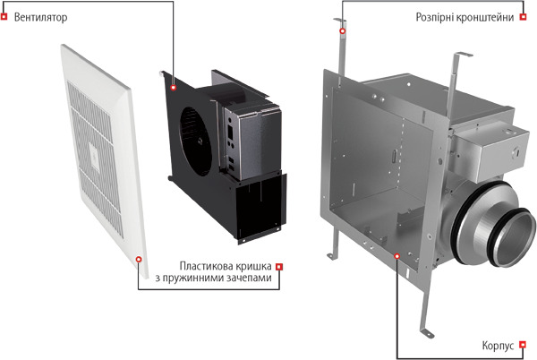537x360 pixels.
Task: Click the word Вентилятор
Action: (41, 17)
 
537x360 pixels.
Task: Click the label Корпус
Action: (498, 346)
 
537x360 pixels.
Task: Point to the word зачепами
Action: (248, 278)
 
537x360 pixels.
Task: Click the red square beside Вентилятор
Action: (4, 16)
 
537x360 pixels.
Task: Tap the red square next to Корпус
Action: (523, 345)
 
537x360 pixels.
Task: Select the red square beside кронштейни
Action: (523, 16)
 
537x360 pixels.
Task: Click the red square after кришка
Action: (279, 267)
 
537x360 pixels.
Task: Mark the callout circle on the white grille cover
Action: (139, 260)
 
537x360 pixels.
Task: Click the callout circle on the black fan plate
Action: (174, 88)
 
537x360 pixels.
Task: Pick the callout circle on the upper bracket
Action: (343, 31)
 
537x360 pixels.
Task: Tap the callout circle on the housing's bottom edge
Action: (396, 256)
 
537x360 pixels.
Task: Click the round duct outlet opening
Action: (513, 237)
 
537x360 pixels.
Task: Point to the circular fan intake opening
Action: (196, 141)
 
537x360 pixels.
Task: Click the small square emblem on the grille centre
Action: (95, 157)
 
